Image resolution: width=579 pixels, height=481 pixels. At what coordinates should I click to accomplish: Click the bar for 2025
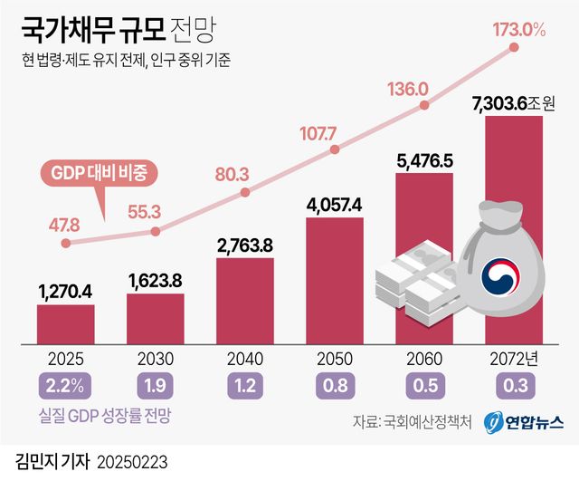[x=65, y=324]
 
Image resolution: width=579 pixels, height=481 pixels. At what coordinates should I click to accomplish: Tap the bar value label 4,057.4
[x=334, y=203]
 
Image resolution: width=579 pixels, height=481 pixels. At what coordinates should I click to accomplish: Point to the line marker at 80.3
[x=244, y=192]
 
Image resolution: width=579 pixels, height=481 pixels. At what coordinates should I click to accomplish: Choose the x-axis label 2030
[x=155, y=358]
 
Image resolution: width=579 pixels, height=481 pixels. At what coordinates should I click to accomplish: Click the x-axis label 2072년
[x=514, y=358]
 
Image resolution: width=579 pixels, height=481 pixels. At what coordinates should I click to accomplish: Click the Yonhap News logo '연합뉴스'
[x=524, y=422]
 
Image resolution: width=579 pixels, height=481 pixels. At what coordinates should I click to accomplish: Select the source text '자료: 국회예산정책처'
[x=411, y=422]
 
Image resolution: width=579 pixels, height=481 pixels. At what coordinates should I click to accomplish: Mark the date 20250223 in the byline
[x=132, y=462]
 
